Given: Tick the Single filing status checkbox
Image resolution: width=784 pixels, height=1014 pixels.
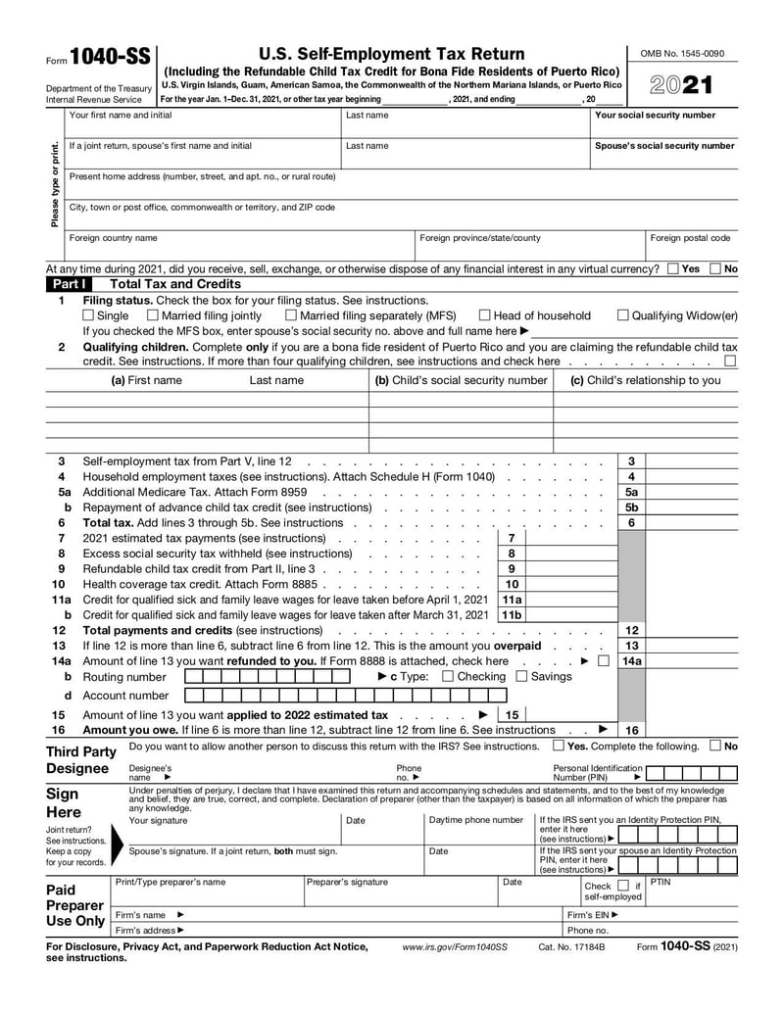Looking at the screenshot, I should tap(88, 315).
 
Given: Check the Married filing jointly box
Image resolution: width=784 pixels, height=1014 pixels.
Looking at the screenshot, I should tap(152, 315).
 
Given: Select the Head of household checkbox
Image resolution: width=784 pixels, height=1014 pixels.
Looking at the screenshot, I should tap(484, 315).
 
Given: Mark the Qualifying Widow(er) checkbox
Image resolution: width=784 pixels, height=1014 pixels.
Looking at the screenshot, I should tap(622, 315).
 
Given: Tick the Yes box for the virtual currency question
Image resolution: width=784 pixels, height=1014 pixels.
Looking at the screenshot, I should tap(672, 268).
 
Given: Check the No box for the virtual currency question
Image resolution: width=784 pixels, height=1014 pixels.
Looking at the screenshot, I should tap(714, 268).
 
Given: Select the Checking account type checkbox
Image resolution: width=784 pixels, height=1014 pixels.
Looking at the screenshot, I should tap(448, 676).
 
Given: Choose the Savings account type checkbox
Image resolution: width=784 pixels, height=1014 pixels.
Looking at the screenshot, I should tap(521, 676).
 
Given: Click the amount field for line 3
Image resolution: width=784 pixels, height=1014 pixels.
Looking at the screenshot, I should tap(691, 460).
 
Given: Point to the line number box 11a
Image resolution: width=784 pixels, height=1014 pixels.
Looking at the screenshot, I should tap(511, 600).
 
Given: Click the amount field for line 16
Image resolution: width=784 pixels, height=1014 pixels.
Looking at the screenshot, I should tap(691, 730).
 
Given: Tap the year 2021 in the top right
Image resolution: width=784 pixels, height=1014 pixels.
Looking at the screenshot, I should tap(682, 85).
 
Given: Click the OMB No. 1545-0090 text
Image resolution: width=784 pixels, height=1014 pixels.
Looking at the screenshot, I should tap(681, 54).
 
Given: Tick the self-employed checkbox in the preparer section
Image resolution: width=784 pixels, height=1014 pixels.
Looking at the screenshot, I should tap(622, 887).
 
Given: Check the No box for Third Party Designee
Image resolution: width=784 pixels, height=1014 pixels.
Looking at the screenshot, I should tap(714, 747).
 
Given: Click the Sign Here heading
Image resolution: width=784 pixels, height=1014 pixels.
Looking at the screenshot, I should tap(63, 802).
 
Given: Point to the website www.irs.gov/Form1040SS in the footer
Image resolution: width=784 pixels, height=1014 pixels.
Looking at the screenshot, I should tap(455, 948).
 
